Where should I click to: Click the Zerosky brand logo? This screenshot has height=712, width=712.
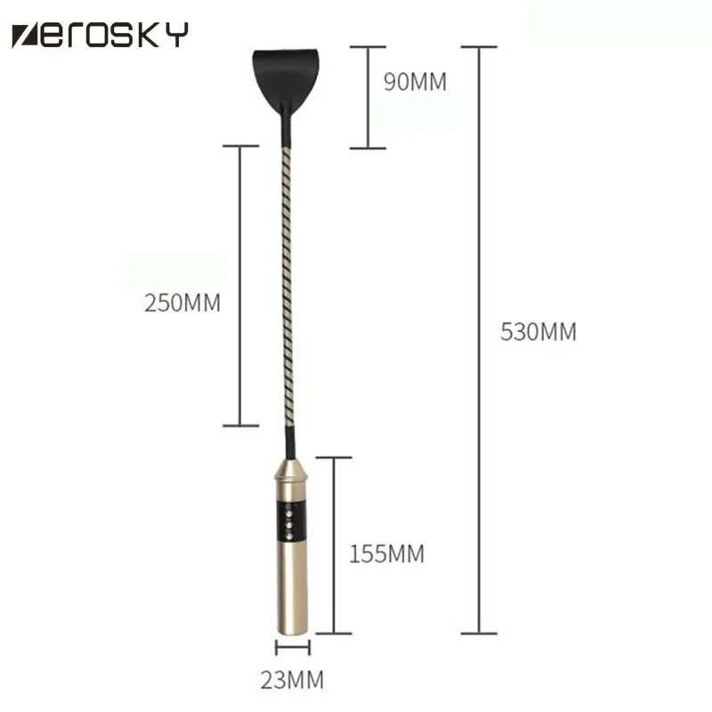tap(100, 35)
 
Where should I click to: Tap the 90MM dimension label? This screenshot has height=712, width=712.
tap(415, 82)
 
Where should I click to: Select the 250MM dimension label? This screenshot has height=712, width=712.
tap(182, 303)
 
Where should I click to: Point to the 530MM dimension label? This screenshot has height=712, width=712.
tap(538, 331)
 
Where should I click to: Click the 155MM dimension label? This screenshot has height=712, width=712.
tap(386, 554)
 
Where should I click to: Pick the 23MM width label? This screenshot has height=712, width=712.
tap(292, 680)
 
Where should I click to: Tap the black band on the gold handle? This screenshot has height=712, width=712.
tap(290, 522)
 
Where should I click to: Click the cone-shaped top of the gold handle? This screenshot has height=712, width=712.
tap(291, 470)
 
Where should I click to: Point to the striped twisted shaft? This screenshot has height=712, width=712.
tap(287, 287)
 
